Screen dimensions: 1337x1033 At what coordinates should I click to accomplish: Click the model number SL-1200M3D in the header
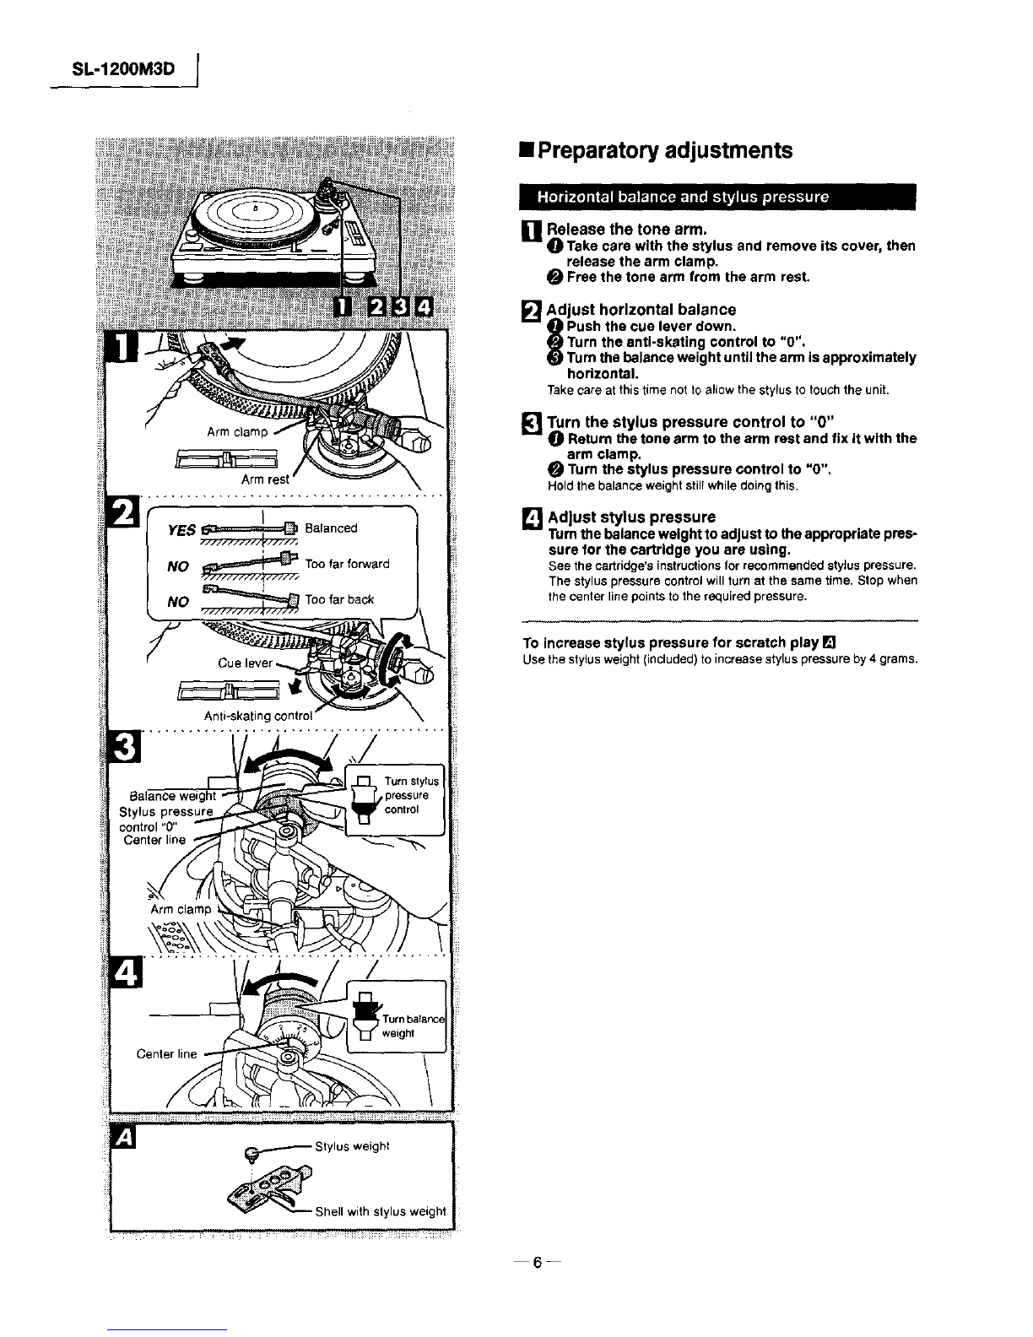click(123, 69)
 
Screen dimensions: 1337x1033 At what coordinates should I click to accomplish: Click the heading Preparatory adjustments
click(665, 150)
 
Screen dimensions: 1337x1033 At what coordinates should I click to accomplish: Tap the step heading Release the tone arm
click(626, 229)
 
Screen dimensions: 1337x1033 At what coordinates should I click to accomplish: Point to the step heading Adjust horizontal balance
click(641, 310)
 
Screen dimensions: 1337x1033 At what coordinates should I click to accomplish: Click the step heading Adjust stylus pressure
click(631, 517)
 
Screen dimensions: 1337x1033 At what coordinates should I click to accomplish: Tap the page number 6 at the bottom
click(535, 1264)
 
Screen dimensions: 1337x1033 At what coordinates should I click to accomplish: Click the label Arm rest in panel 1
click(265, 479)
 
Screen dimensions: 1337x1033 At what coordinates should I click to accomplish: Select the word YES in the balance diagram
click(182, 530)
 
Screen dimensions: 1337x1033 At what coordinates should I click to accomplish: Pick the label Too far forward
click(347, 564)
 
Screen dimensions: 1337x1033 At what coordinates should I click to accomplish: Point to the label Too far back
click(339, 599)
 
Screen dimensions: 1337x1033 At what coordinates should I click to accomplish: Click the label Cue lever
click(245, 663)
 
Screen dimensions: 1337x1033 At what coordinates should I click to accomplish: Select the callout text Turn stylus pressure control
click(411, 795)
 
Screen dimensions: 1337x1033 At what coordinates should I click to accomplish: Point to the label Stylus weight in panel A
click(352, 1145)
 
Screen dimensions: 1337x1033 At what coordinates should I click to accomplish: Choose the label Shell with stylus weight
click(380, 1211)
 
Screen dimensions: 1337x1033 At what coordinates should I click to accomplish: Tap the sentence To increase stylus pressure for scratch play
click(671, 641)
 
